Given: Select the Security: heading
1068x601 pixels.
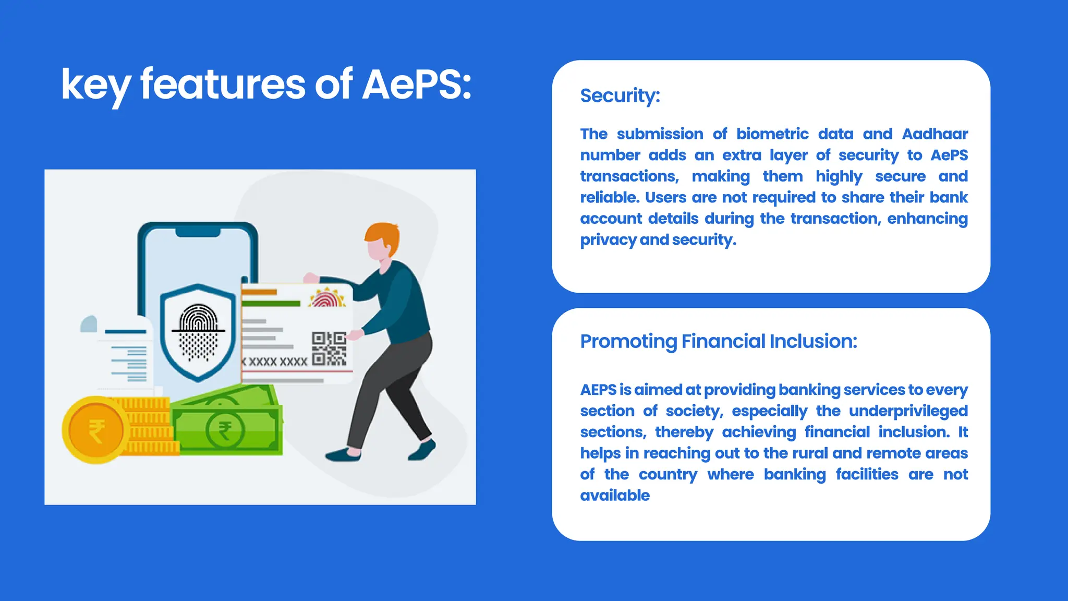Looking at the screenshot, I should click(x=620, y=96).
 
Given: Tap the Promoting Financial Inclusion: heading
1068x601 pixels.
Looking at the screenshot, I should click(x=718, y=342).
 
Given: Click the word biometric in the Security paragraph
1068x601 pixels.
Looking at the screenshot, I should click(x=772, y=134).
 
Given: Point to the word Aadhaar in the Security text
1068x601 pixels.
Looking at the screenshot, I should click(x=934, y=134).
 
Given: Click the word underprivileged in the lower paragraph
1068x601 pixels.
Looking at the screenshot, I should click(x=908, y=411).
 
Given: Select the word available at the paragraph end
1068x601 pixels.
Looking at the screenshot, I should click(x=615, y=496).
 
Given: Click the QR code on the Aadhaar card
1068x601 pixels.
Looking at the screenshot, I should click(x=329, y=348).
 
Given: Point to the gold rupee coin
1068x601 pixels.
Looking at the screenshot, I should click(x=95, y=430).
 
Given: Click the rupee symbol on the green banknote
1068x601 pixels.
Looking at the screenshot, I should click(x=225, y=431).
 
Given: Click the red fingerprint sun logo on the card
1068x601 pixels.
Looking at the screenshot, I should click(x=327, y=298).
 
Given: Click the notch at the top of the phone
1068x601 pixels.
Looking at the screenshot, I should click(x=198, y=232).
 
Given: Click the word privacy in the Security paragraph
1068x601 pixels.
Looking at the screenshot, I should click(x=608, y=240).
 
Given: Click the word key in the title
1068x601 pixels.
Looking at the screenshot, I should click(x=95, y=86).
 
